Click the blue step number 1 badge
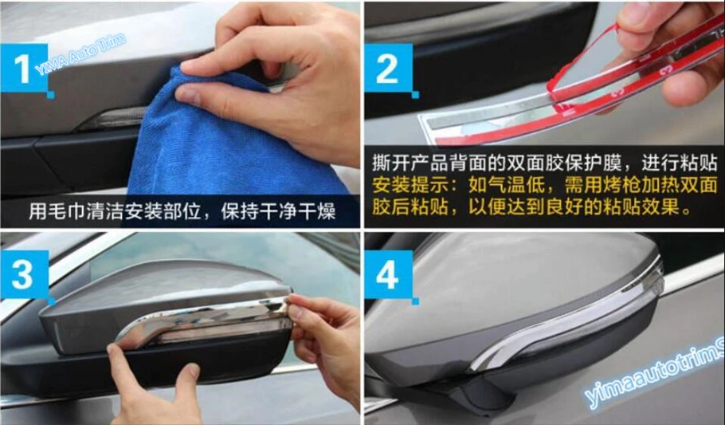coord(25,68)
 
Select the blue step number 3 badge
coord(25,274)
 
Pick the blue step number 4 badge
coord(389,274)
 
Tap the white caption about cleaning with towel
coord(182,211)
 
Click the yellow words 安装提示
coord(410,185)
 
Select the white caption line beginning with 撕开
coord(545,163)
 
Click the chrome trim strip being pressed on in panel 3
coord(203,320)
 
